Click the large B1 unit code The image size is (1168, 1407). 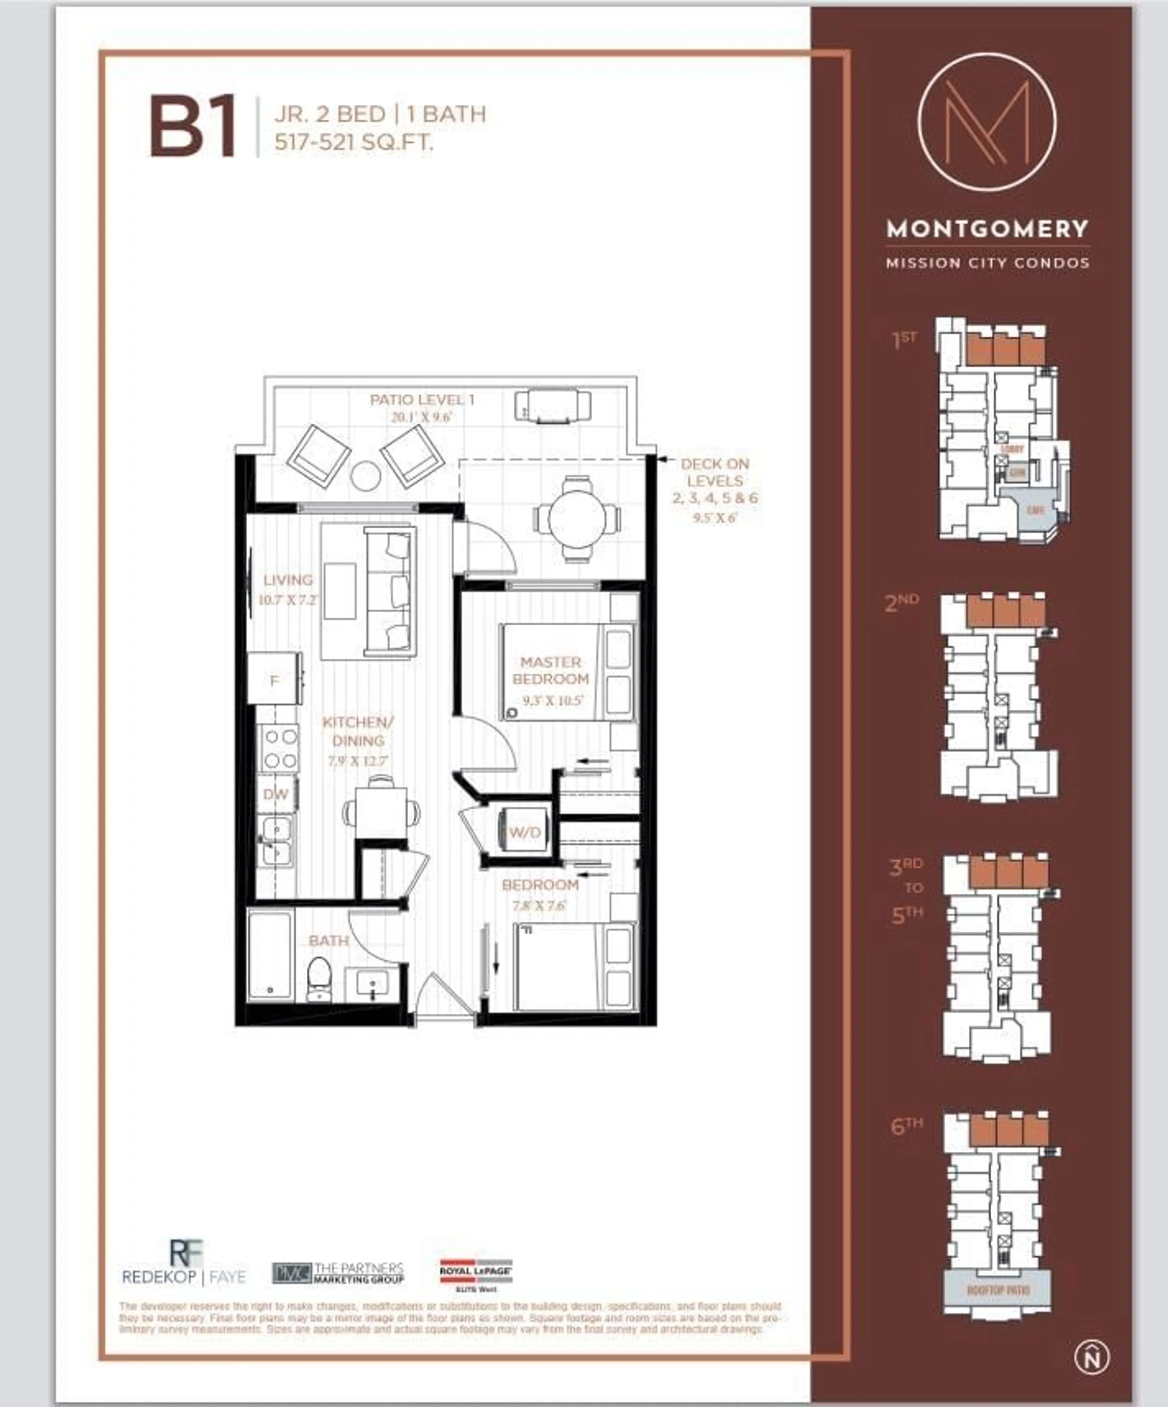click(193, 127)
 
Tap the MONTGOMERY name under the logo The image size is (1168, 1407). click(987, 229)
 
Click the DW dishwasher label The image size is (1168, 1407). click(275, 794)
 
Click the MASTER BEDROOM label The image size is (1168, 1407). click(551, 670)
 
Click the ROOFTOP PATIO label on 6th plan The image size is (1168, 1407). click(998, 1290)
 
